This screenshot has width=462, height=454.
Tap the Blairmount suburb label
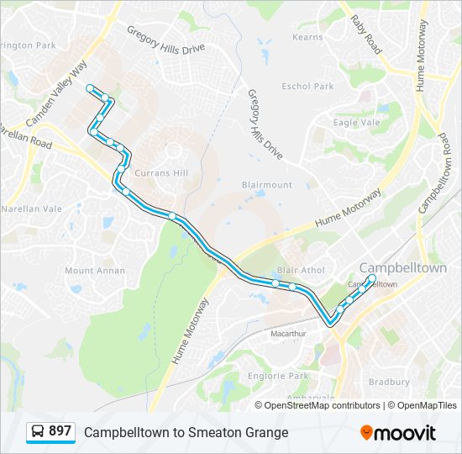point(267,185)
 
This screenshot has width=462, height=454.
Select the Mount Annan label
point(95,271)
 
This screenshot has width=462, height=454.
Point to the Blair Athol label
point(300,271)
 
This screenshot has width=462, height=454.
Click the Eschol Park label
point(308,87)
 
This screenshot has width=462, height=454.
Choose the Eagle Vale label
point(357,123)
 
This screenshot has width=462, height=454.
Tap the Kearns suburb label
point(307,38)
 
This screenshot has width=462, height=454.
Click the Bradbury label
point(389,382)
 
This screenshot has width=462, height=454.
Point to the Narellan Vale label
point(33,209)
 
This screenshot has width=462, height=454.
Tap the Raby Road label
point(365,34)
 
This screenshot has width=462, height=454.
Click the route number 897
point(60,431)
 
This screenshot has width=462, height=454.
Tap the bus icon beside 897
point(38,432)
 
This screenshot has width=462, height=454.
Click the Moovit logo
point(398,432)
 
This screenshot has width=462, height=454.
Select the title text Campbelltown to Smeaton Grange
point(186,432)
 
